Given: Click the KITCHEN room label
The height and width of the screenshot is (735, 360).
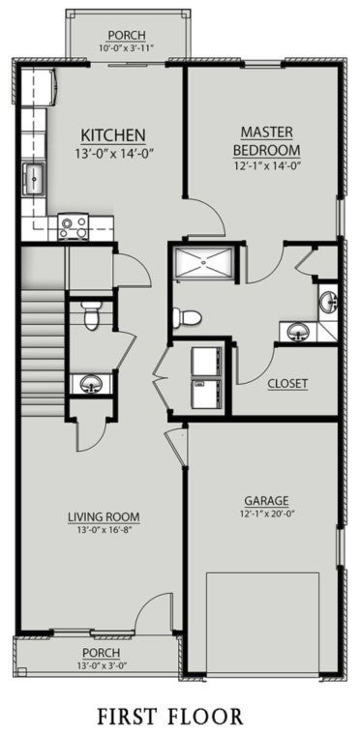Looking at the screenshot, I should pyautogui.click(x=113, y=134).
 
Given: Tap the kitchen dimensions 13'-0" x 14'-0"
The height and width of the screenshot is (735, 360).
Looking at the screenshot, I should pyautogui.click(x=113, y=152).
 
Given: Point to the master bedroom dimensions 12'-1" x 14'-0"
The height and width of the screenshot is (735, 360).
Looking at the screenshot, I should pyautogui.click(x=266, y=167).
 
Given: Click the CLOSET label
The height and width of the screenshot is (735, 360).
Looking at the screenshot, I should pyautogui.click(x=287, y=383).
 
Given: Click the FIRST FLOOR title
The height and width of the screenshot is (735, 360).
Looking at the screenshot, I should pyautogui.click(x=180, y=716).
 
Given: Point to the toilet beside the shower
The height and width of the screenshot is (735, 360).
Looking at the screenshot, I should pyautogui.click(x=185, y=317).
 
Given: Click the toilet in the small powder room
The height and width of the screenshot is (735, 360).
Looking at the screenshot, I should pyautogui.click(x=91, y=313).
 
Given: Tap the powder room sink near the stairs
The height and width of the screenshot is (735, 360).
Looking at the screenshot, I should pyautogui.click(x=90, y=384).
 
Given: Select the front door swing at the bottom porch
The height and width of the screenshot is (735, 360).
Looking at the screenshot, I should pyautogui.click(x=153, y=614).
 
